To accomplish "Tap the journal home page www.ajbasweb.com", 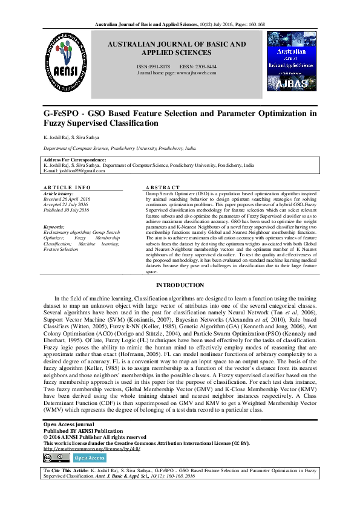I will click(x=196, y=72).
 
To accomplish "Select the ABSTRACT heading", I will click(x=163, y=188).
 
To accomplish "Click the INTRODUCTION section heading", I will click(x=180, y=284).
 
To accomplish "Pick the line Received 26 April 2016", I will click(x=67, y=198).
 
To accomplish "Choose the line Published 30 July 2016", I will click(x=67, y=209).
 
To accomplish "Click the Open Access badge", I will click(x=89, y=458).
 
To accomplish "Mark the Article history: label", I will click(x=58, y=193).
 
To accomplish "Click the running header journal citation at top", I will click(x=180, y=24).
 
